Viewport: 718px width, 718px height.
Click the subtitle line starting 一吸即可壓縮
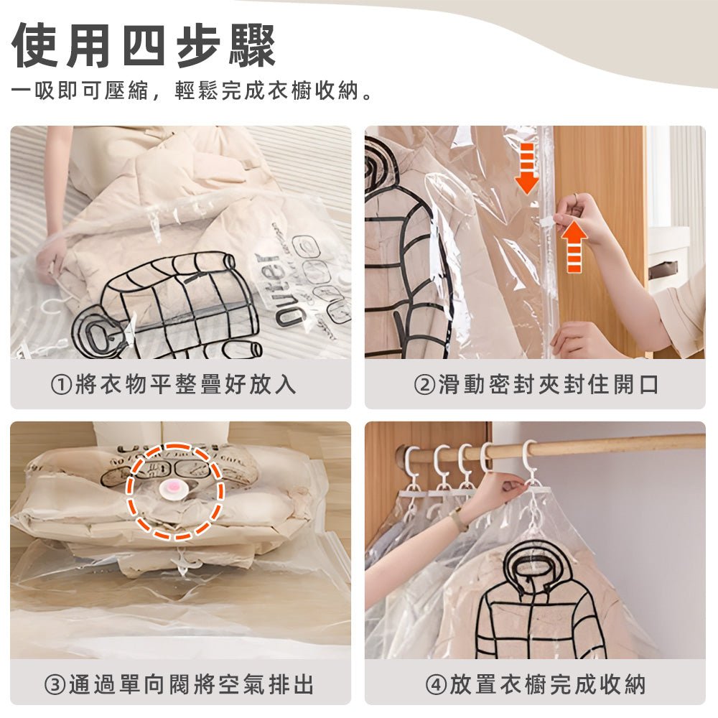[x=194, y=92]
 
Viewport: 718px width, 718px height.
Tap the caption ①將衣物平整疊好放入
[x=174, y=385]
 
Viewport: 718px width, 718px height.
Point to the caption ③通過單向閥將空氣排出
[x=179, y=684]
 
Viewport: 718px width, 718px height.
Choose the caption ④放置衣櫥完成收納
[x=536, y=684]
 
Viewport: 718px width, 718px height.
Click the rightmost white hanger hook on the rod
[x=531, y=460]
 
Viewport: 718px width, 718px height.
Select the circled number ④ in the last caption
[x=437, y=684]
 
